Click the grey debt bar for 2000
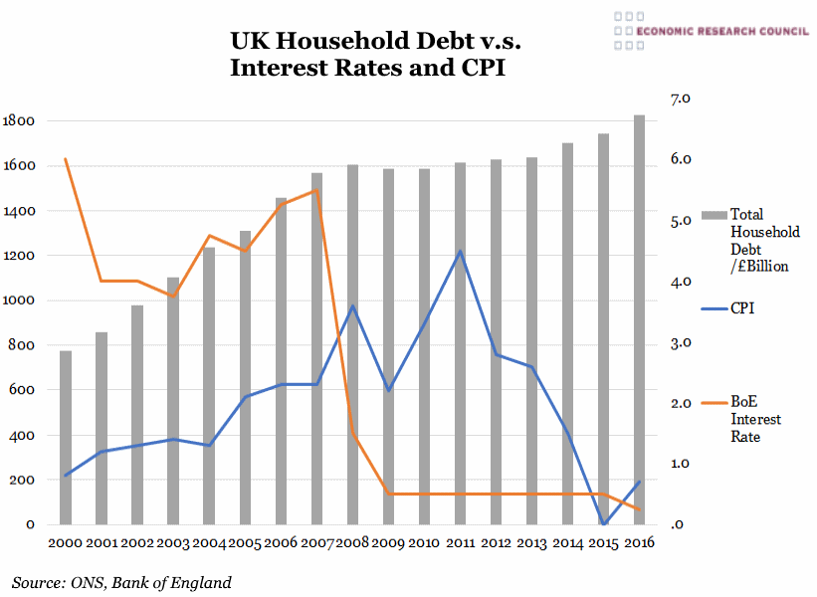pyautogui.click(x=66, y=438)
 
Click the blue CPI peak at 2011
pyautogui.click(x=460, y=252)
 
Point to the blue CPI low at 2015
pyautogui.click(x=604, y=523)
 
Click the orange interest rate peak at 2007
pyautogui.click(x=316, y=191)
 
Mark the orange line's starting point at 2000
pyautogui.click(x=66, y=159)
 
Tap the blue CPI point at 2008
pyautogui.click(x=352, y=306)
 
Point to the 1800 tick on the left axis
pyautogui.click(x=20, y=121)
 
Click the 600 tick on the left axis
pyautogui.click(x=24, y=390)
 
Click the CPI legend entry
pyautogui.click(x=742, y=308)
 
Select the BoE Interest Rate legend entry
pyautogui.click(x=756, y=419)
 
